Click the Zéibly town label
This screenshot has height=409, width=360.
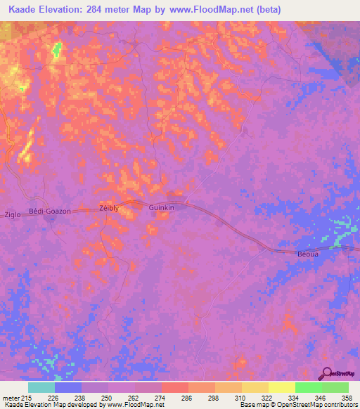point(109,209)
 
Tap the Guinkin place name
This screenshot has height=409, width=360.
point(161,209)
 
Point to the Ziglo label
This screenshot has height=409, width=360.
point(13,214)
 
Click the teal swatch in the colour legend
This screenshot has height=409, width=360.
point(41,387)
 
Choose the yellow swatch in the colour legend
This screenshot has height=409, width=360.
point(282,387)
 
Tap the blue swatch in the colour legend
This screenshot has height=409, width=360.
point(68,387)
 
